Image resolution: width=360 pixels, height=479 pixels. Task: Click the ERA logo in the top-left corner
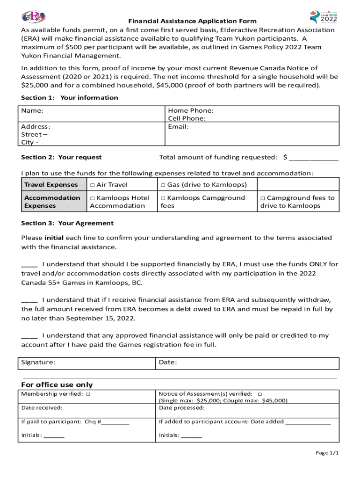[34, 17]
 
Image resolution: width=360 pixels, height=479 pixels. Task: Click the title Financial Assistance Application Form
[193, 21]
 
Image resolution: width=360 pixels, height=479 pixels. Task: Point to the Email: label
[178, 127]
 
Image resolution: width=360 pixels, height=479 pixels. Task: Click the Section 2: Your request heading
[61, 157]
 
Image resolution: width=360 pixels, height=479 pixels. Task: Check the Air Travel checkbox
[93, 185]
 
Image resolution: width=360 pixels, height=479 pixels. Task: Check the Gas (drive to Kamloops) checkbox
[164, 185]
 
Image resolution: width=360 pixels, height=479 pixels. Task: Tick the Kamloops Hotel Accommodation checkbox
[93, 198]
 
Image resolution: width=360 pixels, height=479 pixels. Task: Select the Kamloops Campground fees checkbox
[164, 198]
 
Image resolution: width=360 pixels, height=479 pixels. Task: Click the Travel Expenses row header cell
[51, 185]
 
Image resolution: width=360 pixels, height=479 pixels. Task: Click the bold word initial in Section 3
[54, 238]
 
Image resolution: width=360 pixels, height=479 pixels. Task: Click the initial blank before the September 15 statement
[29, 300]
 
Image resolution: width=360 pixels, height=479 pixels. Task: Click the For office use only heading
[57, 385]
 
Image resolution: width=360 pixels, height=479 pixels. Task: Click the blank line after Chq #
[115, 422]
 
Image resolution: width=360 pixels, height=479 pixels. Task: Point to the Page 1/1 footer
[327, 453]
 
